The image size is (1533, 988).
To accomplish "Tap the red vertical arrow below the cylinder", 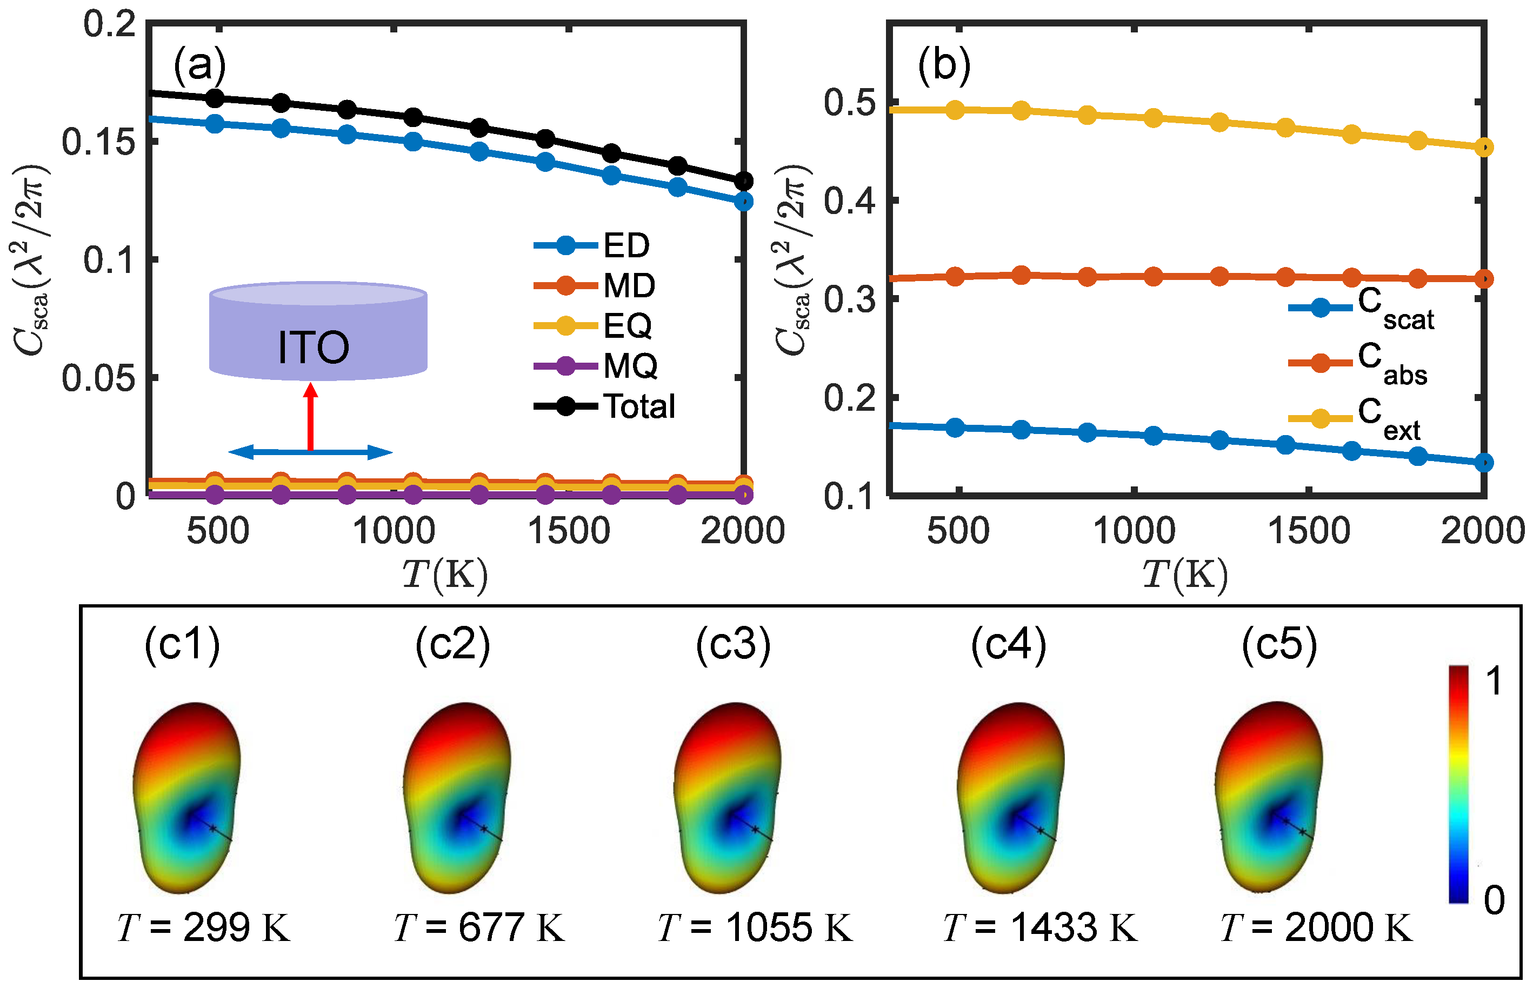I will coord(311,417).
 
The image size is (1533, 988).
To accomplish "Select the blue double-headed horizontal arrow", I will coord(311,452).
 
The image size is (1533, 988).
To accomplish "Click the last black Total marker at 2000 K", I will coord(743,182).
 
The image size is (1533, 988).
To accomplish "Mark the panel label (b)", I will coord(943,64).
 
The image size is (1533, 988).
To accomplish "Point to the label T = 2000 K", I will coord(1316,927).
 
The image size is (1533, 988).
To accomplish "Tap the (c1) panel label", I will coord(182,644).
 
